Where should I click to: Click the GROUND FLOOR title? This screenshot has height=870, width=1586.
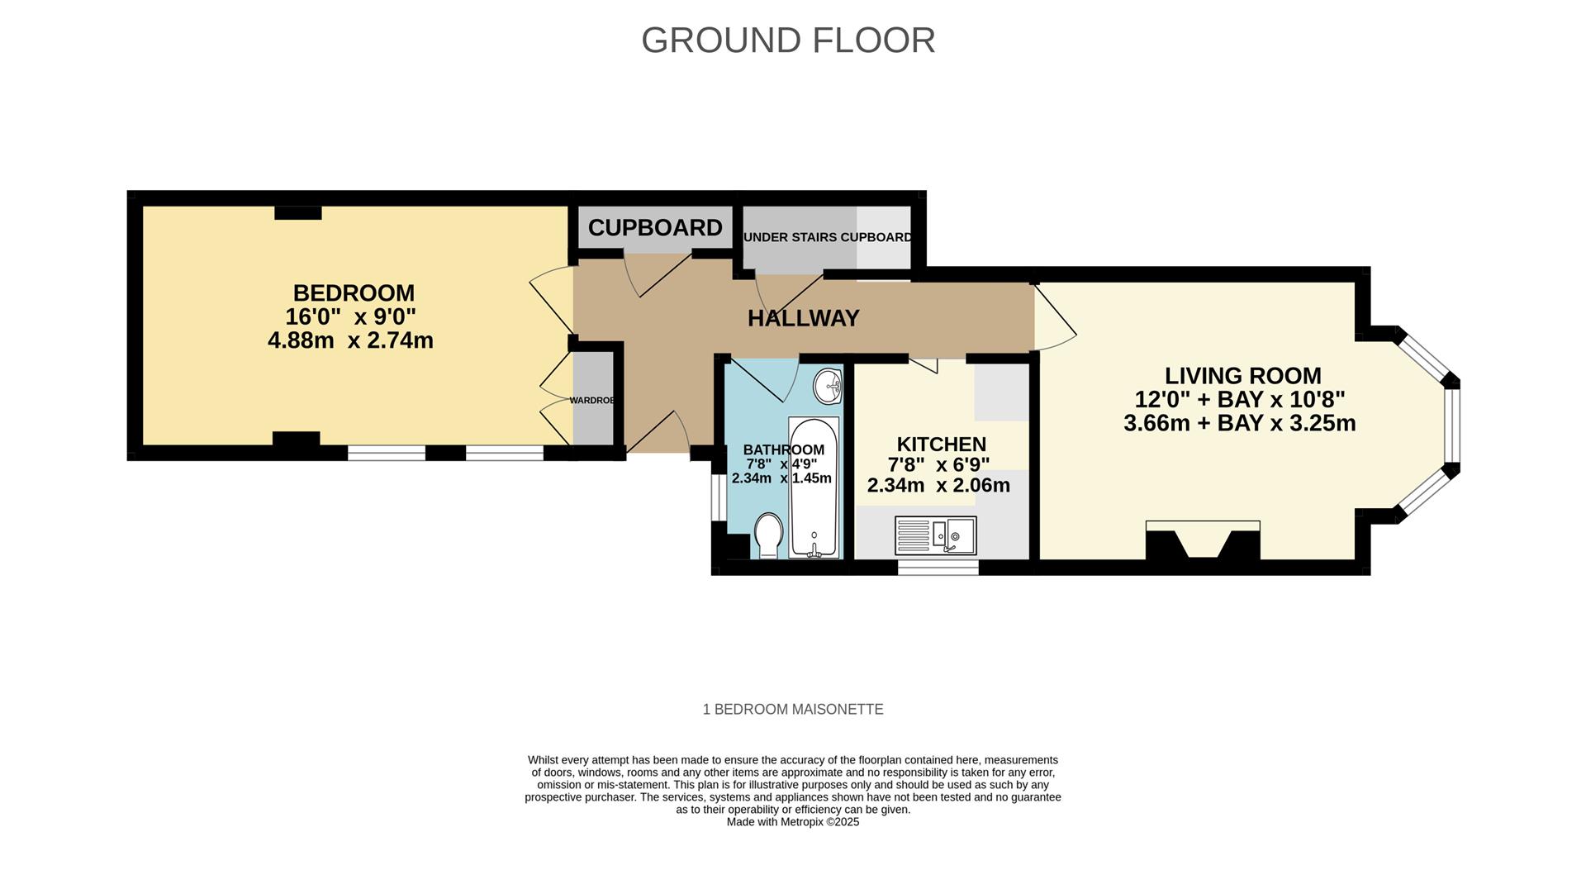[x=788, y=40]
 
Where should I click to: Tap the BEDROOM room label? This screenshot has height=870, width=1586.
[x=354, y=293]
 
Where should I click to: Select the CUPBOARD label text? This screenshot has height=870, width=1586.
[x=655, y=228]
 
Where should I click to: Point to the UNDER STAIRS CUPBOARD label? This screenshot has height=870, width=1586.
[x=828, y=237]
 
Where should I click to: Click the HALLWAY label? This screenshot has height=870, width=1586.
[x=803, y=318]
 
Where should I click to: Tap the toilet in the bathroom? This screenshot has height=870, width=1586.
[x=769, y=535]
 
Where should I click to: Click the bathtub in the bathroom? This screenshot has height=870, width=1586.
[x=814, y=487]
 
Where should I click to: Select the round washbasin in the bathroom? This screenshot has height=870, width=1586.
[x=828, y=384]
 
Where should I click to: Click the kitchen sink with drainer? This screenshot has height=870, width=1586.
[x=936, y=535]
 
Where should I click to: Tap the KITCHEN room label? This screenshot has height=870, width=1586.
[x=941, y=445]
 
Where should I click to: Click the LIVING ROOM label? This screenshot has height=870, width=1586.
[x=1242, y=376]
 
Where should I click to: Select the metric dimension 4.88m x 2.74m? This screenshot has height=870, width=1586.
[x=350, y=340]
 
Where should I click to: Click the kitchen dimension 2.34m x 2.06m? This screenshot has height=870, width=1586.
[x=938, y=486]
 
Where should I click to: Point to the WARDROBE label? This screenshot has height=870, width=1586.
[x=592, y=401]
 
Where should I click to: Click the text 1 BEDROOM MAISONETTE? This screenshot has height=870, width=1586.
[x=792, y=710]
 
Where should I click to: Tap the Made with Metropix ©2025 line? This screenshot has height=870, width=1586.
[x=792, y=822]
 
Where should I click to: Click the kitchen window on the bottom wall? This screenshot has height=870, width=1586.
[x=938, y=568]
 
